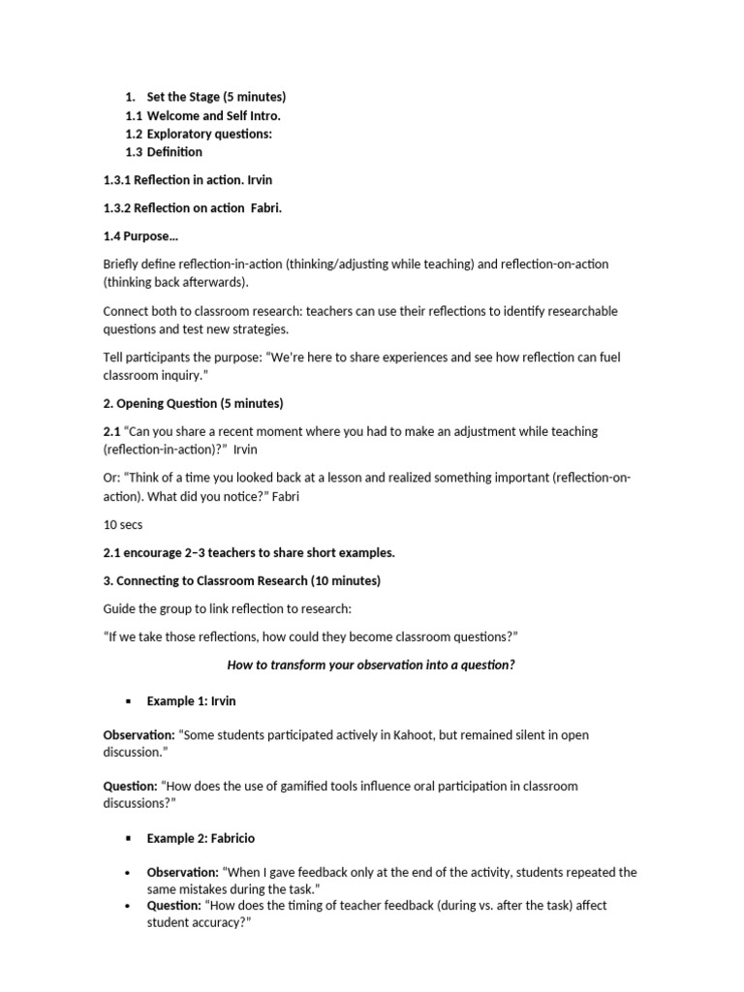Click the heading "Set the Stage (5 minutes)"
point(216,97)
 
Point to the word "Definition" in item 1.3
point(174,152)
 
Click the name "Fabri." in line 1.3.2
point(266,208)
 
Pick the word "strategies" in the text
point(259,329)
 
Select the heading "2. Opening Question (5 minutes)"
point(193,403)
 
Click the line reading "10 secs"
point(123,524)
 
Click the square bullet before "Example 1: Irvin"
point(127,701)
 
